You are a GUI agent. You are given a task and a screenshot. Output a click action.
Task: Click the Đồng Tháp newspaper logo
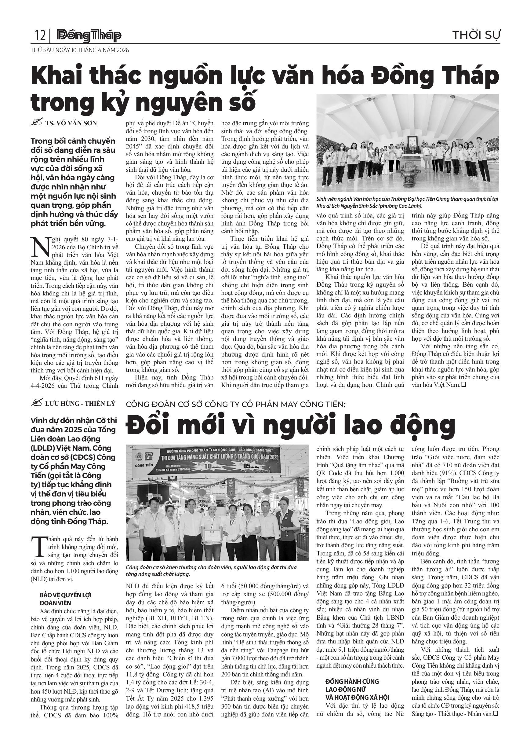89,36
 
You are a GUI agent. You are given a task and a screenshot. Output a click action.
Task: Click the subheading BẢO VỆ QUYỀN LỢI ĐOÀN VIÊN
63,599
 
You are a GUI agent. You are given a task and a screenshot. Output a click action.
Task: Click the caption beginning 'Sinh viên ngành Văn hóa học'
407,202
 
